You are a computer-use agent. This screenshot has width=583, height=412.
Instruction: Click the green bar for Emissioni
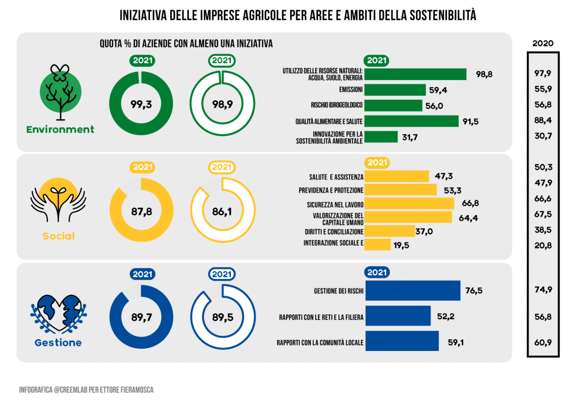click(x=395, y=90)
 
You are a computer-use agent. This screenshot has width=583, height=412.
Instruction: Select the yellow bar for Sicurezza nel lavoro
click(x=409, y=203)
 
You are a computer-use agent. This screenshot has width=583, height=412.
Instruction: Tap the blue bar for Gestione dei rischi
click(x=413, y=290)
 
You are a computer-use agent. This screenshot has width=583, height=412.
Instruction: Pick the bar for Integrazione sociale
click(x=378, y=244)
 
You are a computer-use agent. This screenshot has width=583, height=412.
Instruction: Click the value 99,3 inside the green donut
click(x=141, y=104)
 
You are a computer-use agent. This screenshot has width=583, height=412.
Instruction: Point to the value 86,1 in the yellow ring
click(x=222, y=212)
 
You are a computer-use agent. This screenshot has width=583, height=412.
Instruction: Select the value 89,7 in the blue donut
click(x=141, y=317)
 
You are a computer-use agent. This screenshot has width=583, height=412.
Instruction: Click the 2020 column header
click(x=542, y=43)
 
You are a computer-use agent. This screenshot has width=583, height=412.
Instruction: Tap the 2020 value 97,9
click(x=542, y=73)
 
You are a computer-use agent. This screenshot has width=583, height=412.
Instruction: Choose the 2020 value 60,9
click(x=543, y=342)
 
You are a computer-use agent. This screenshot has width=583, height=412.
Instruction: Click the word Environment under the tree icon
click(x=60, y=129)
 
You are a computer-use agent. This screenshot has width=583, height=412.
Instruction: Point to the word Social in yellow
click(x=59, y=236)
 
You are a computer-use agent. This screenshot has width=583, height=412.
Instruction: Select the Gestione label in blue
click(x=58, y=342)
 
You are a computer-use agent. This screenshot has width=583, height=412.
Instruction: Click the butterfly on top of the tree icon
click(x=60, y=72)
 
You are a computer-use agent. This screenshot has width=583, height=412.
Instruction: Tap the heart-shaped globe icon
click(x=59, y=314)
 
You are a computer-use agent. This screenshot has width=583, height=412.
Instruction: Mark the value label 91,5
click(x=470, y=122)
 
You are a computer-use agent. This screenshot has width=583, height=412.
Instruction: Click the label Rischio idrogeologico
click(x=337, y=105)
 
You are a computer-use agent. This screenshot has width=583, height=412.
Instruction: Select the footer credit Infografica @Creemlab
click(x=86, y=390)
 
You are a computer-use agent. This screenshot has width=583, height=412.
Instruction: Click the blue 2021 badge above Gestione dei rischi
click(x=377, y=272)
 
